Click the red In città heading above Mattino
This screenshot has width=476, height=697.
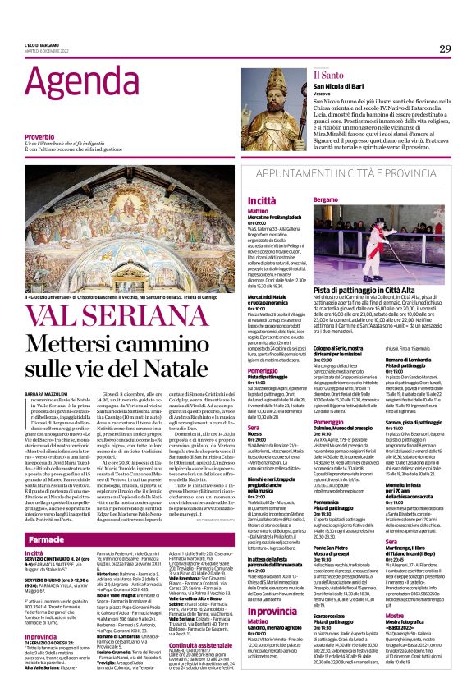[x=238, y=200]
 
